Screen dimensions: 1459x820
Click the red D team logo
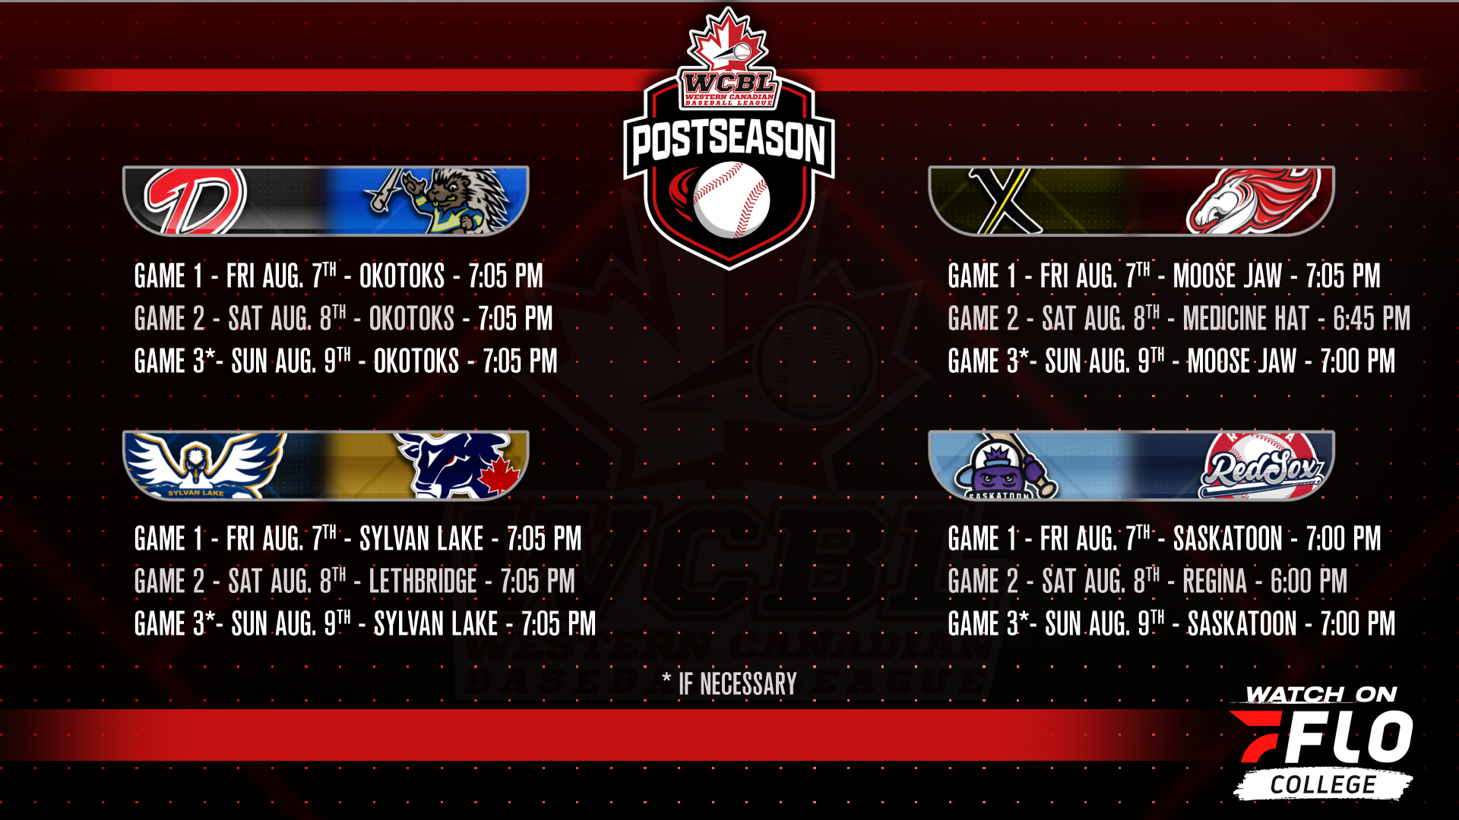pos(196,200)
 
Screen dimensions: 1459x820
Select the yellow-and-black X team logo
pos(1005,200)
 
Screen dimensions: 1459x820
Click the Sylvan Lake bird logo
pos(204,465)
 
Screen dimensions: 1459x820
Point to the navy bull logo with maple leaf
pos(460,465)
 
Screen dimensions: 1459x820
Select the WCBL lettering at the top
pos(729,82)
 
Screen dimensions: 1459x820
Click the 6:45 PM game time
pos(1372,319)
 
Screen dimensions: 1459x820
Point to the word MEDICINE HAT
pos(1246,319)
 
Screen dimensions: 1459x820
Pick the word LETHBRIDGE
pos(423,582)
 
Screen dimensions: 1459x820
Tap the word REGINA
pos(1215,582)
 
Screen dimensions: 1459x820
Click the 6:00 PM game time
pos(1309,582)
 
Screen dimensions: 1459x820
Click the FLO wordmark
pos(1322,737)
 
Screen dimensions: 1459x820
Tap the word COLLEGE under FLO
pos(1323,785)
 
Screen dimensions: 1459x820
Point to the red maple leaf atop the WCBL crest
pos(728,39)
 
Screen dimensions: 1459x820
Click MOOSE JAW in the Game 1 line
pos(1227,276)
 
